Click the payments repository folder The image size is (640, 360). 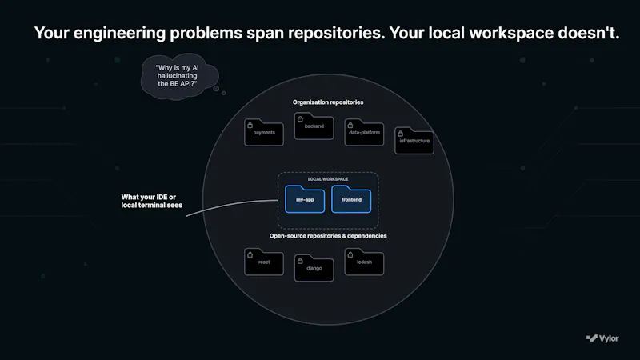click(x=264, y=132)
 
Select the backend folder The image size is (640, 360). click(x=314, y=126)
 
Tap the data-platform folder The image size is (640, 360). click(x=364, y=132)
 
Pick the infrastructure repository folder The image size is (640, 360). click(x=414, y=141)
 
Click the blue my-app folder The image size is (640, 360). click(x=305, y=199)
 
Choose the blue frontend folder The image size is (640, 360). click(x=351, y=199)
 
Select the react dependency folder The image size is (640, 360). click(x=264, y=262)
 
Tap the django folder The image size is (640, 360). click(x=314, y=268)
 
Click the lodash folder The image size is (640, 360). click(x=364, y=262)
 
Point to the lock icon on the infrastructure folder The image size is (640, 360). click(x=401, y=134)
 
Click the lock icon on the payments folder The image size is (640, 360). click(x=250, y=126)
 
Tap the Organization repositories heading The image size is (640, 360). click(x=328, y=102)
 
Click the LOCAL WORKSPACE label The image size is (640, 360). click(x=328, y=179)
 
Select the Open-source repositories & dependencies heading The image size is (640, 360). click(x=328, y=236)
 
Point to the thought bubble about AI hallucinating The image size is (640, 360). click(x=179, y=76)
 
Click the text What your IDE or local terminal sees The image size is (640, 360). click(x=151, y=202)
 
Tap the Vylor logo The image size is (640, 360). click(x=602, y=338)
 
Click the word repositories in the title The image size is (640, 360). click(x=336, y=33)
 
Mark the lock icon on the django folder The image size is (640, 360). click(x=300, y=261)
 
